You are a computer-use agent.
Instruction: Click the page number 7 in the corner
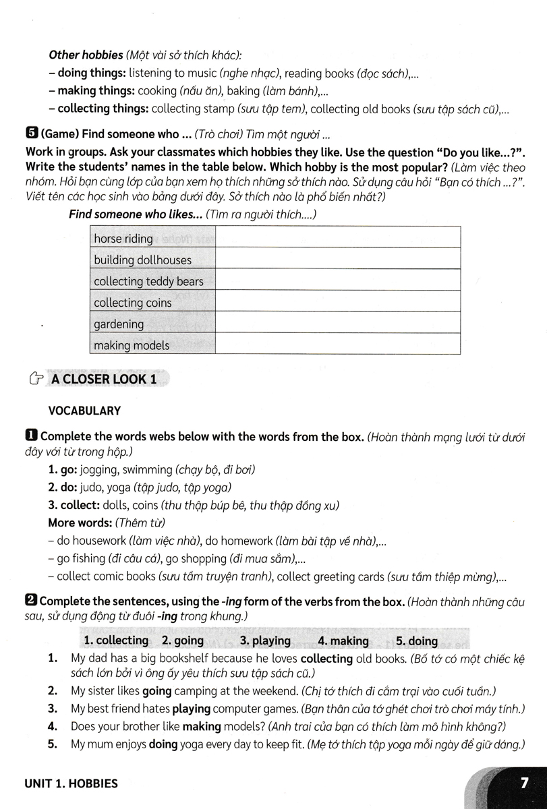tap(523, 783)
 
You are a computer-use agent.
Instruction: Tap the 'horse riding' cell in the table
tap(123, 238)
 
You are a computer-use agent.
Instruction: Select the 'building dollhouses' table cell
tap(142, 260)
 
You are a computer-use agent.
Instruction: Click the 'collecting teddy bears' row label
tap(148, 281)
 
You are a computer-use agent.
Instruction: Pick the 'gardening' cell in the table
tap(119, 324)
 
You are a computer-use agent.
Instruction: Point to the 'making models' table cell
tap(132, 345)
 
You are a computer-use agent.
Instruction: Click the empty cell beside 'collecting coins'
tap(338, 303)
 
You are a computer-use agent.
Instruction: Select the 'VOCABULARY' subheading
tap(84, 410)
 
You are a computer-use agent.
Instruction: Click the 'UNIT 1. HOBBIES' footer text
tap(70, 783)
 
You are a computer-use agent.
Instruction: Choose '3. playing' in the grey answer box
tap(265, 640)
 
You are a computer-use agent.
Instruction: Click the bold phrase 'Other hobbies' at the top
tap(86, 55)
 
